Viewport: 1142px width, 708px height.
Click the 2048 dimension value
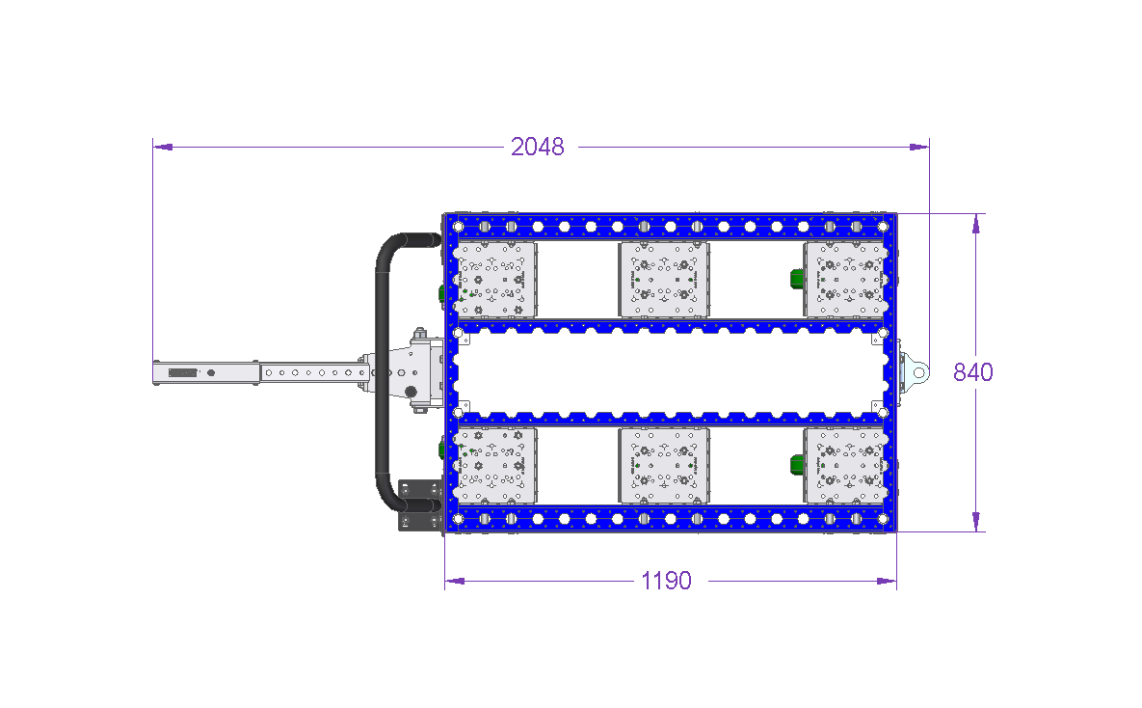tap(538, 147)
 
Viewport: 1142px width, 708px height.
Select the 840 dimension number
tap(973, 372)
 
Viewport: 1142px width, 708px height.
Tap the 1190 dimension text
tap(667, 581)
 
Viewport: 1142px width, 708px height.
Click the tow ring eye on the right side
tap(919, 372)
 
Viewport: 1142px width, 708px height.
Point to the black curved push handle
tap(381, 372)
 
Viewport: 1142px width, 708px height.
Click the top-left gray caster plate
tap(495, 280)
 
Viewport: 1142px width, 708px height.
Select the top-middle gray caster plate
tap(663, 280)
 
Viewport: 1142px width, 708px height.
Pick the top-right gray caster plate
tap(846, 280)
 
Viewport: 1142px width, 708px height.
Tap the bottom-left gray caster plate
tap(495, 465)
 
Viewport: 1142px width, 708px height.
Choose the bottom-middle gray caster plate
tap(663, 465)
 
